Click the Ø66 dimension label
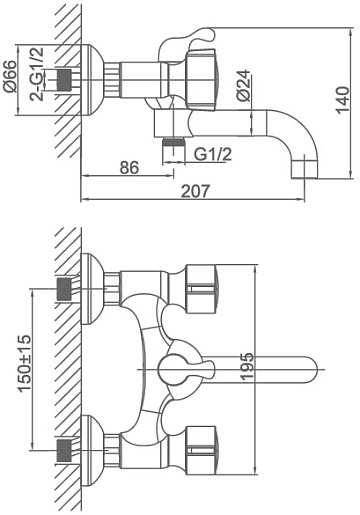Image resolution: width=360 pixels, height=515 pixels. [10, 77]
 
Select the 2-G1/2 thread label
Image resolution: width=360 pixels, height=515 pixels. [37, 74]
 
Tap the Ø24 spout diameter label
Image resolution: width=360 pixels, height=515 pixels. [243, 85]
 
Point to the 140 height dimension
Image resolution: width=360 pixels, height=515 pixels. [343, 100]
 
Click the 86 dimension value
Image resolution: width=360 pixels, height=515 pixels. [129, 167]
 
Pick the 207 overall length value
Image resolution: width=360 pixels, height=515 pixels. [196, 191]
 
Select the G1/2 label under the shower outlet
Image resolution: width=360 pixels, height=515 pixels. [213, 155]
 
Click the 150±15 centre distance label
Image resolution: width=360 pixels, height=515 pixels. [25, 363]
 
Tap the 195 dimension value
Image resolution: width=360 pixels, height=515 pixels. [247, 367]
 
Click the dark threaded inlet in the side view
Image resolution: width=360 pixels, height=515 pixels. [65, 80]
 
